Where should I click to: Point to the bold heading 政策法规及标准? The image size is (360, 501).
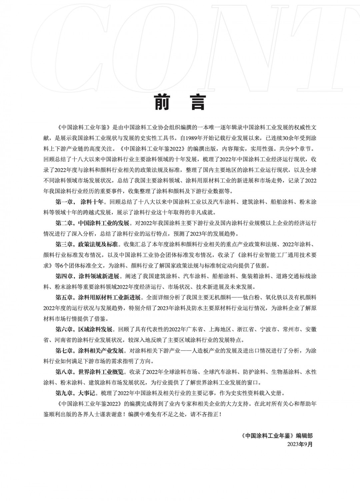(98, 244)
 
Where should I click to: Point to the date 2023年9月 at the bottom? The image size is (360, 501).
(300, 444)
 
